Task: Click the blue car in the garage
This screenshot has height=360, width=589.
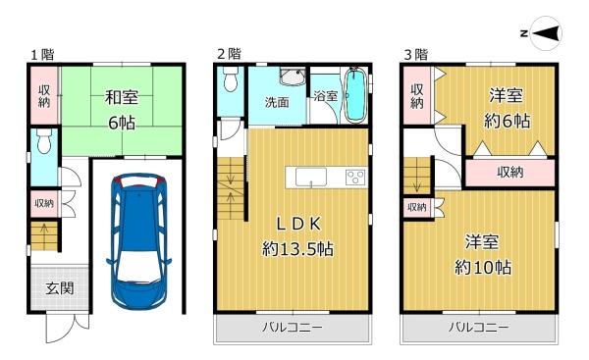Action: [139, 240]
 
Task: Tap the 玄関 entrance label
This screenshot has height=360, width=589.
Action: [59, 288]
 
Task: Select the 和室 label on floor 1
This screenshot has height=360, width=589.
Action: [122, 97]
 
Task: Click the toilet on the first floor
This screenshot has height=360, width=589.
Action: [45, 140]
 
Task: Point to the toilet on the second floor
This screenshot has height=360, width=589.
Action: [229, 79]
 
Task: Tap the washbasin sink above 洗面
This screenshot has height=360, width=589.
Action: [292, 77]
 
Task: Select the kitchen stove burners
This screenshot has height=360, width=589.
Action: [355, 177]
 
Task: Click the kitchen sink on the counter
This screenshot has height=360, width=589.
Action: [310, 177]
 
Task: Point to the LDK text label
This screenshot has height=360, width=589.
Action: [298, 224]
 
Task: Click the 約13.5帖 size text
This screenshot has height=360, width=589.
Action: [297, 248]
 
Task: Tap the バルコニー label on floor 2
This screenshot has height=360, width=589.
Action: [292, 328]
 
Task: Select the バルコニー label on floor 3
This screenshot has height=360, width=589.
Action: [479, 328]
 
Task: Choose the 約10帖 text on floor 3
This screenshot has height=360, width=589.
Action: [483, 267]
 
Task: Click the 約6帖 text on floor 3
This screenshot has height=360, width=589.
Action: [507, 121]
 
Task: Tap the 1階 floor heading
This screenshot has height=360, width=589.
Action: [42, 55]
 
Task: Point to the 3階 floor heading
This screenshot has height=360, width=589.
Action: [416, 55]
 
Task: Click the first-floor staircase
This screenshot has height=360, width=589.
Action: [44, 236]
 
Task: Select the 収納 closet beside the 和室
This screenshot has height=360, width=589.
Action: [44, 95]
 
